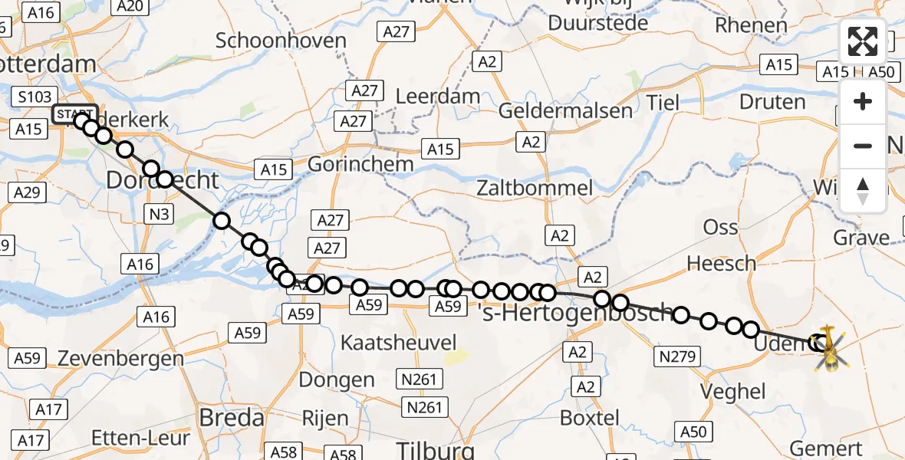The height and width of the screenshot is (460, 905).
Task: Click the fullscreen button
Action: pos(863,42)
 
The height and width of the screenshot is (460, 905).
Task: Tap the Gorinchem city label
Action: pos(360,164)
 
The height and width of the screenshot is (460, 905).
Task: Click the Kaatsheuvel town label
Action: pos(398,342)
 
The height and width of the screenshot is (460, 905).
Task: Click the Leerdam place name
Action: pos(438,97)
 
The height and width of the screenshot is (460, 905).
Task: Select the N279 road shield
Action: pos(676,356)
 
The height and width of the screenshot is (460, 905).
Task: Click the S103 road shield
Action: pos(36,97)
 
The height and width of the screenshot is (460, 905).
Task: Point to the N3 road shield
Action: pos(159,215)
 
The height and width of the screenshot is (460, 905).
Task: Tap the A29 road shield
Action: pos(27,192)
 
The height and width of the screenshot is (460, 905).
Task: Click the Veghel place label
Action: pos(733,391)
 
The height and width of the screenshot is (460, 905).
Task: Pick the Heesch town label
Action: pos(721,264)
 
